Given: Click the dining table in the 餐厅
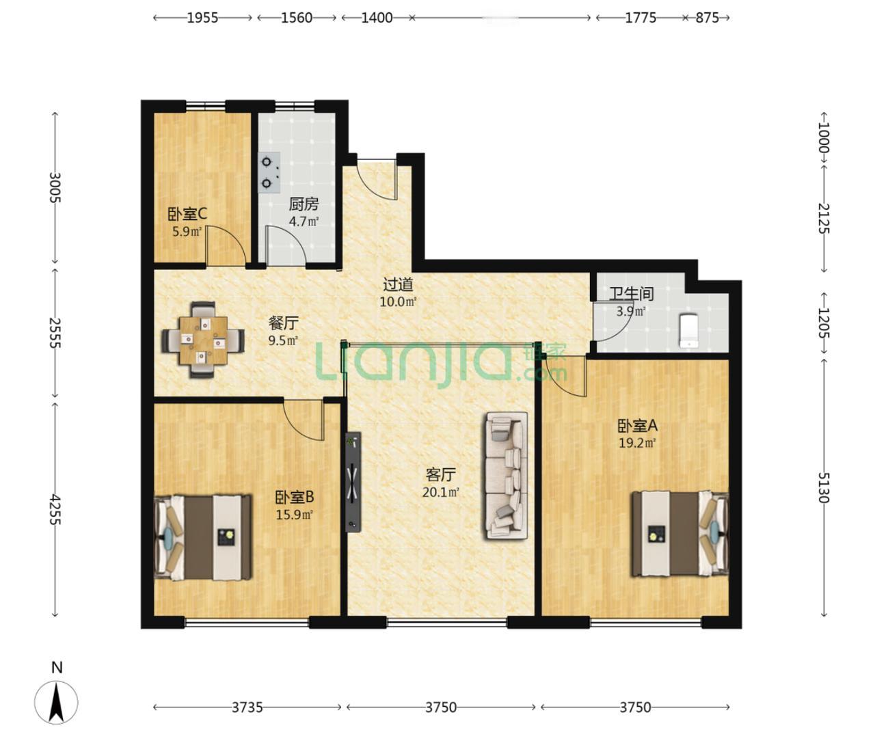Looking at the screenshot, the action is click(203, 340).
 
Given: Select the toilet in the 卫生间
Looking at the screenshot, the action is click(688, 331).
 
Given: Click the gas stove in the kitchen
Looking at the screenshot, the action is click(269, 173).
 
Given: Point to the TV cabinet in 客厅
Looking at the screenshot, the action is click(353, 483).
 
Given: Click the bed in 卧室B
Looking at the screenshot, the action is click(203, 538).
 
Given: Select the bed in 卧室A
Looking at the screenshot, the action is click(680, 533).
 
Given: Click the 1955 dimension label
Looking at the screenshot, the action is click(202, 18).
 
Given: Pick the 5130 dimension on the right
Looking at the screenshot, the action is click(824, 487).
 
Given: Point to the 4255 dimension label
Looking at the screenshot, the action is click(55, 509).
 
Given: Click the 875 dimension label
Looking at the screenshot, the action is click(708, 18).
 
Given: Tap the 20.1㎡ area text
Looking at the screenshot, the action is click(440, 492).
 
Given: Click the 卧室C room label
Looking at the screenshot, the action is click(187, 215).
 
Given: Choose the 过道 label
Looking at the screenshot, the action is click(398, 285).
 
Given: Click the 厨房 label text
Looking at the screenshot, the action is click(304, 204).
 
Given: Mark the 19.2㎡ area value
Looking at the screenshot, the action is click(637, 442).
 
